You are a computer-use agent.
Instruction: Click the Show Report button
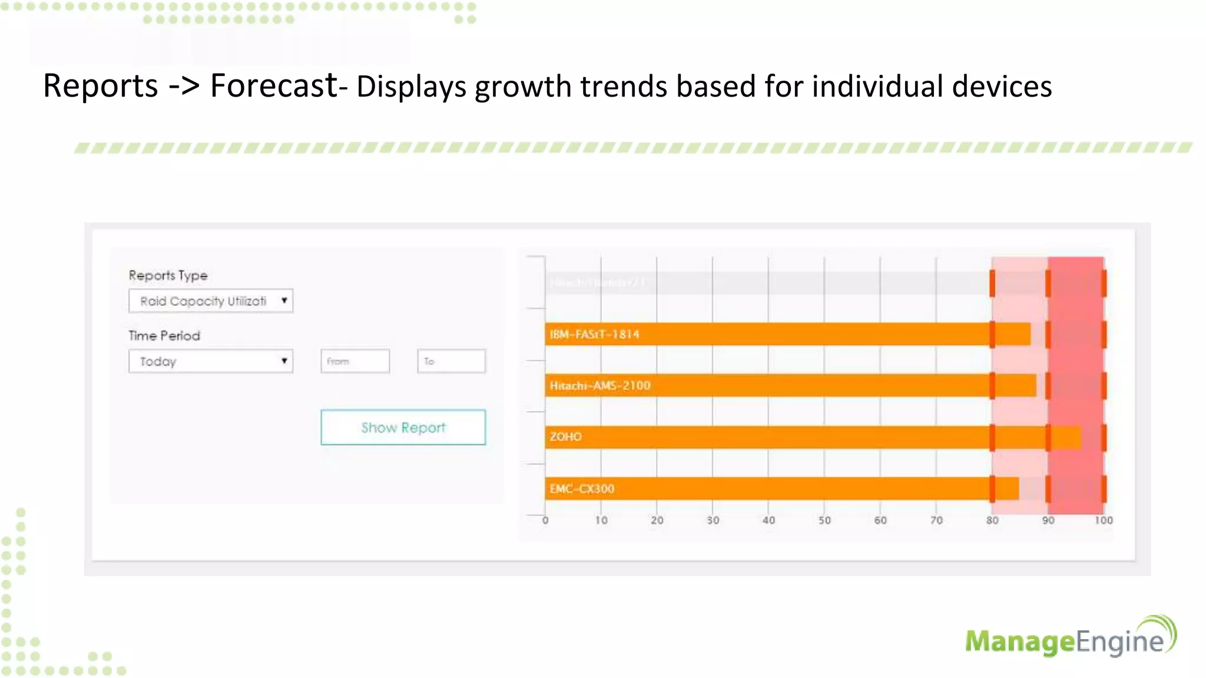coord(403,427)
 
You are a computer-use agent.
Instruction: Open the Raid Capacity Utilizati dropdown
coord(211,301)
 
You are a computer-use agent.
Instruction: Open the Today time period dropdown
coord(211,361)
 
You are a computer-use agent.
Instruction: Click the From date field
coord(355,361)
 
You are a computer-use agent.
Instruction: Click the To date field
coord(451,361)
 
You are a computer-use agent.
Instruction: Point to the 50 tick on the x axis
coord(824,520)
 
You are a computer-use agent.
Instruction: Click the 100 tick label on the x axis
coord(1104,520)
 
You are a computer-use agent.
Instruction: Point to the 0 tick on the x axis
coord(545,520)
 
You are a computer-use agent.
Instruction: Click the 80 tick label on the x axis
coord(992,520)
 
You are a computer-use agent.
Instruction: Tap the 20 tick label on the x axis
coord(657,520)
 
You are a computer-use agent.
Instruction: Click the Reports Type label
coord(168,275)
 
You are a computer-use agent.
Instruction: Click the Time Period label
coord(164,335)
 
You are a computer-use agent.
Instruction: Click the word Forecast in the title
coord(273,86)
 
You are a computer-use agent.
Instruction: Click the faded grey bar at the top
coord(766,283)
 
